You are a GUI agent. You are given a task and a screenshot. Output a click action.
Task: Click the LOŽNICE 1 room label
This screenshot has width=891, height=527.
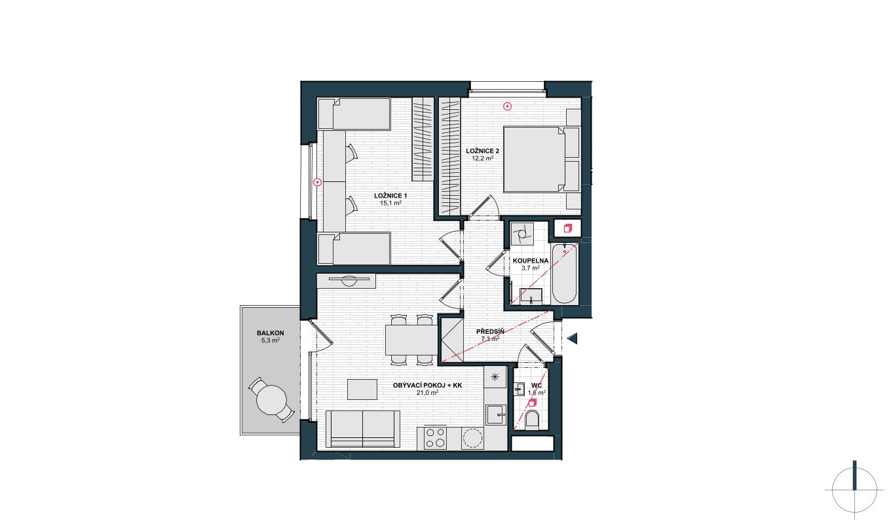(x=390, y=196)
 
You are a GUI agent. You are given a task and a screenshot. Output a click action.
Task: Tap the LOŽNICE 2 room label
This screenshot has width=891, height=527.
(x=482, y=151)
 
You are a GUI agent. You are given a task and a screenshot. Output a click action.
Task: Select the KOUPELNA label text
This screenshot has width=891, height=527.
(x=531, y=261)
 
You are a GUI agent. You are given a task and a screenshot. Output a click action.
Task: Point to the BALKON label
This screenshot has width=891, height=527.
(x=271, y=333)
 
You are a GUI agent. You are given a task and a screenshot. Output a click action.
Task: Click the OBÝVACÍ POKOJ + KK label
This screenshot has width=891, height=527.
(x=427, y=386)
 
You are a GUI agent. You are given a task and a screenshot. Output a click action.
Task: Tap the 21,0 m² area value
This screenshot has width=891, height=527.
(x=427, y=393)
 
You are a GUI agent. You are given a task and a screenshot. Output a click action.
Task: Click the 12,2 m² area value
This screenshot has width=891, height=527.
(x=482, y=158)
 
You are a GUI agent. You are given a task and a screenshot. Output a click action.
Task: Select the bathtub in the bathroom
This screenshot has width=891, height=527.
(x=564, y=274)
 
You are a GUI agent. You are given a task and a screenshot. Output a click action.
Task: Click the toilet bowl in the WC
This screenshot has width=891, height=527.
(x=532, y=420)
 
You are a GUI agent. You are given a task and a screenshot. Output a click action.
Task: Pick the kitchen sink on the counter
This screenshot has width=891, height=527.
(x=495, y=414)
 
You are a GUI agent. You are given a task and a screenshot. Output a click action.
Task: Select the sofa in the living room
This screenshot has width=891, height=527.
(x=363, y=429)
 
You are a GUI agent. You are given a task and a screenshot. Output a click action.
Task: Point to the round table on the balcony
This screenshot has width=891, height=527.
(x=272, y=400)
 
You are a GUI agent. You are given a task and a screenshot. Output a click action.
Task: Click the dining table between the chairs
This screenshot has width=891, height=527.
(x=411, y=340)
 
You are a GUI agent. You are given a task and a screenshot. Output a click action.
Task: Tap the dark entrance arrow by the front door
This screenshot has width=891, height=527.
(x=573, y=338)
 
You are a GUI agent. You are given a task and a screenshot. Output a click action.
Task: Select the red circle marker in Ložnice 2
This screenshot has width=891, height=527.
(x=507, y=106)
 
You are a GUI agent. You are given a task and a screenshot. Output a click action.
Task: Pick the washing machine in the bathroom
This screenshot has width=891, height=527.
(x=522, y=233)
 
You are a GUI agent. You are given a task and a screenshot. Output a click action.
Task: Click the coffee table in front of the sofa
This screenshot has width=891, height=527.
(x=362, y=389)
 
